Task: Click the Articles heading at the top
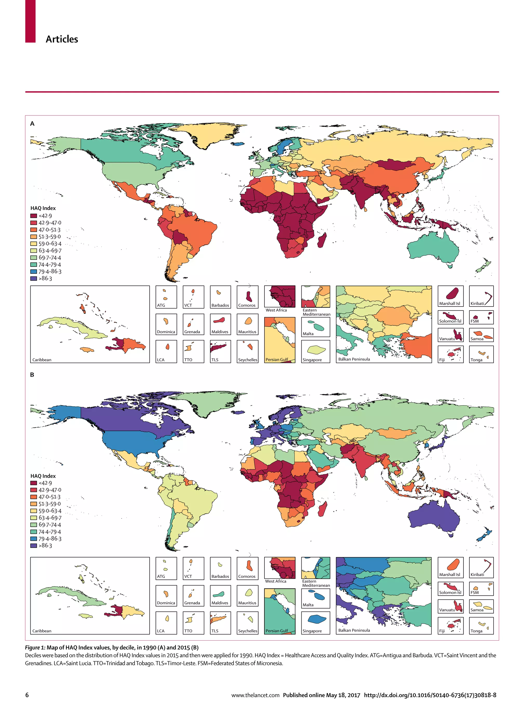[62, 39]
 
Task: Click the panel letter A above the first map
[32, 123]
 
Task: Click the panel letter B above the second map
[32, 375]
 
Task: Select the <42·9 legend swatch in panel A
[34, 216]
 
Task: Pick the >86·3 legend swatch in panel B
[34, 545]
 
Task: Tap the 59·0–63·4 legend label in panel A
[50, 244]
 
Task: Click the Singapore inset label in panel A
[312, 360]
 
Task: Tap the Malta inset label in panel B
[308, 605]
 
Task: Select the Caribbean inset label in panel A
[42, 360]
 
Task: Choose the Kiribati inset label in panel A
[477, 303]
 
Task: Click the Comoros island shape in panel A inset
[249, 296]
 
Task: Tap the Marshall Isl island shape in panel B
[454, 564]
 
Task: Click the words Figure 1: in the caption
[35, 647]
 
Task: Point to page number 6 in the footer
[27, 695]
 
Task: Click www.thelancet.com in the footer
[255, 695]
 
